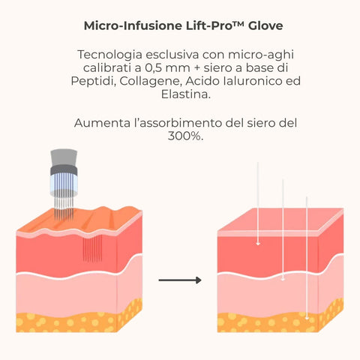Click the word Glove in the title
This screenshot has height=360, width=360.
tap(265, 25)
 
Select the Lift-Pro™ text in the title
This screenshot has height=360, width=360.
tap(215, 25)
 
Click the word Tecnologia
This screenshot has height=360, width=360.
tap(110, 55)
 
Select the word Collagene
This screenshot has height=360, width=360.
tap(151, 82)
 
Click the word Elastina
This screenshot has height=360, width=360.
tap(185, 94)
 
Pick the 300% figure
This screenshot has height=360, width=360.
tap(185, 136)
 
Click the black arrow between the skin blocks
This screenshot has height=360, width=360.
tap(180, 280)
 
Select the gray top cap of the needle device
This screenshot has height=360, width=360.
tap(64, 157)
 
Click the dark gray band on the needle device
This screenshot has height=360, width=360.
tap(64, 170)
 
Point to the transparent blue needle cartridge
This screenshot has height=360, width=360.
tap(64, 185)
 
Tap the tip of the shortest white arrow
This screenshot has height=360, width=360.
tap(258, 244)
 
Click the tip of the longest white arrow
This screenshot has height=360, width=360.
tap(307, 319)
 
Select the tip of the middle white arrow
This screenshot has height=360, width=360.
tap(283, 280)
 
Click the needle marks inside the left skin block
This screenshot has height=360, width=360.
tap(92, 248)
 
